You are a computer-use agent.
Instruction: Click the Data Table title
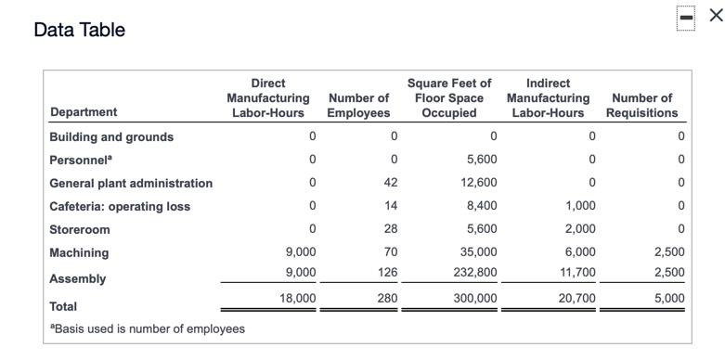point(79,31)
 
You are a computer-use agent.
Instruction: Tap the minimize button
point(686,17)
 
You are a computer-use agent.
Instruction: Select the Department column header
point(84,112)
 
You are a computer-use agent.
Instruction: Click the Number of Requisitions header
point(642,105)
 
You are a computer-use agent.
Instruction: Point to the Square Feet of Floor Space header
point(449,97)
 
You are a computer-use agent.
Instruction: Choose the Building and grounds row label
point(111,136)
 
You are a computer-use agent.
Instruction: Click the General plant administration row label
point(131,183)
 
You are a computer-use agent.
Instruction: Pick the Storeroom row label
point(80,229)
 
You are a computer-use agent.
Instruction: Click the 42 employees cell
point(391,183)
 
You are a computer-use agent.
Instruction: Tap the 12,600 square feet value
point(480,183)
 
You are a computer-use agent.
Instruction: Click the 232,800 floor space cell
point(476,272)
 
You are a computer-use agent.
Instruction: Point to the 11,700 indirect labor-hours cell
point(577,272)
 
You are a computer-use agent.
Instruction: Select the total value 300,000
point(476,298)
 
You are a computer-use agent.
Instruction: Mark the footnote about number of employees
point(148,328)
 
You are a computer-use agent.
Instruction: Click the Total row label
point(64,305)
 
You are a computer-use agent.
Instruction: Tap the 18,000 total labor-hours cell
point(298,298)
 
